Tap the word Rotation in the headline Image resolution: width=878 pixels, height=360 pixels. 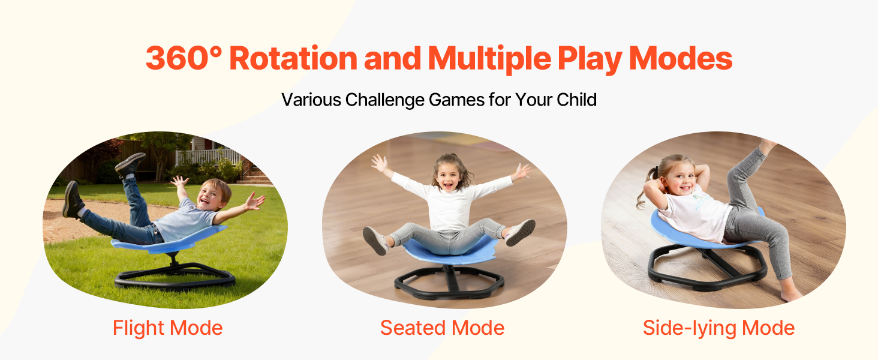pyautogui.click(x=293, y=58)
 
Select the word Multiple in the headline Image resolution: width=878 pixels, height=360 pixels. pyautogui.click(x=489, y=59)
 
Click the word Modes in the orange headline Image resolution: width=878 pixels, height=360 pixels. pyautogui.click(x=681, y=58)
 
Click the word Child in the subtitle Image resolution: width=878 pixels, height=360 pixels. pyautogui.click(x=576, y=99)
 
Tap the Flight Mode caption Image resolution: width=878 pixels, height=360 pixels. pyautogui.click(x=168, y=328)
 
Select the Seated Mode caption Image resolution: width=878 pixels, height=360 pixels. pyautogui.click(x=442, y=328)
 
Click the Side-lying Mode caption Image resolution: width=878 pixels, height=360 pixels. pyautogui.click(x=718, y=328)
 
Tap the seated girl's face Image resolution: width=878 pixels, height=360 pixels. pyautogui.click(x=447, y=176)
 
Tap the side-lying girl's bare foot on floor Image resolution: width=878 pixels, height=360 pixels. pyautogui.click(x=790, y=293)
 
